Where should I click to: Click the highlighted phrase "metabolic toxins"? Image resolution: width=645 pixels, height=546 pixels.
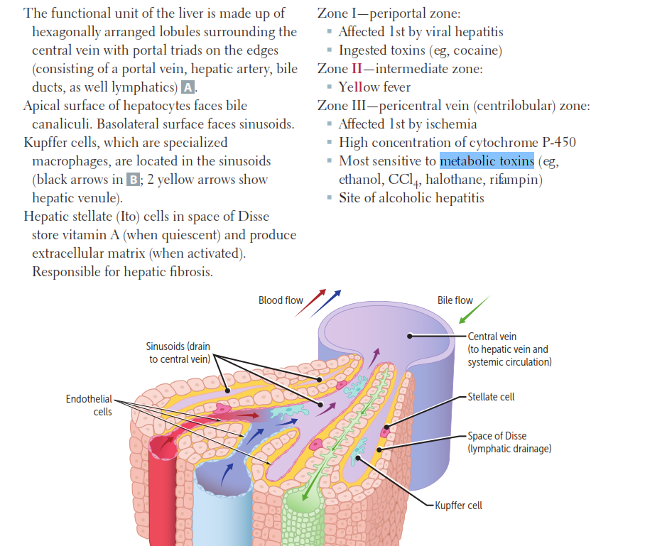(x=487, y=160)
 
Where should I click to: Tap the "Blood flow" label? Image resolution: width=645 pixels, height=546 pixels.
(x=281, y=300)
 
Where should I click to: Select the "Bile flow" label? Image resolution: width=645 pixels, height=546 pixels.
(x=455, y=300)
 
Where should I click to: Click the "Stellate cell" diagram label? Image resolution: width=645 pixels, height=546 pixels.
(x=492, y=397)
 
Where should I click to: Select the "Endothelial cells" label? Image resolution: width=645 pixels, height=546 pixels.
(x=88, y=405)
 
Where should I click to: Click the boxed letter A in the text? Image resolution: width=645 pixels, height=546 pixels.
(x=188, y=88)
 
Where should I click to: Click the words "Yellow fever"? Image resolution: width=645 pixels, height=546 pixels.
(x=374, y=87)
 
